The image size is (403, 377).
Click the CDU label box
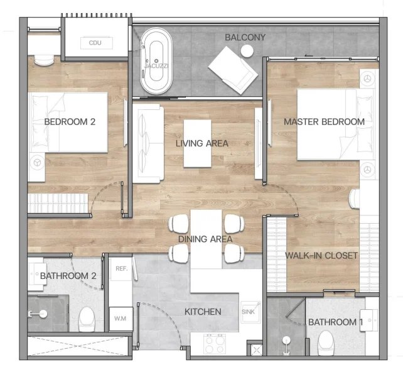pyautogui.click(x=95, y=43)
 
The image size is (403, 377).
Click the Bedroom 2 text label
pyautogui.click(x=69, y=122)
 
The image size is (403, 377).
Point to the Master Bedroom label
pyautogui.click(x=324, y=121)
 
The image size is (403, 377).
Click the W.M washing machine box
pyautogui.click(x=120, y=319)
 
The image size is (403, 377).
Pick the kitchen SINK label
pyautogui.click(x=249, y=312)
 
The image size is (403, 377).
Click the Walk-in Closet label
pyautogui.click(x=321, y=256)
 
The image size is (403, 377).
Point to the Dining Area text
pyautogui.click(x=205, y=239)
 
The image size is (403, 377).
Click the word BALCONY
pyautogui.click(x=245, y=38)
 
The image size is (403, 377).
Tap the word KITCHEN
pyautogui.click(x=202, y=312)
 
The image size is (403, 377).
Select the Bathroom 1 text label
pyautogui.click(x=335, y=322)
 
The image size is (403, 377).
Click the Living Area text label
pyautogui.click(x=201, y=143)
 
